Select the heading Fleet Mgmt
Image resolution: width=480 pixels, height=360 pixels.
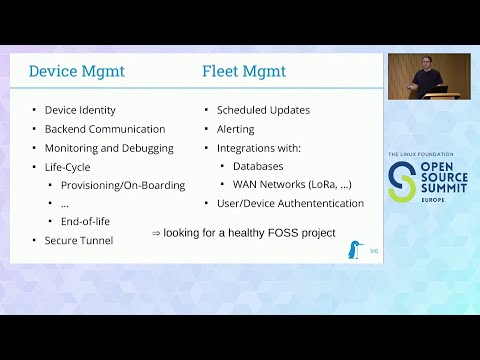(243, 71)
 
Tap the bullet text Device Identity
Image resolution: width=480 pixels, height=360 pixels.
(80, 110)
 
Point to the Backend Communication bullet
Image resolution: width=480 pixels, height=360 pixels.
(105, 129)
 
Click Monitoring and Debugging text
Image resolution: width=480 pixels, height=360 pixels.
(109, 148)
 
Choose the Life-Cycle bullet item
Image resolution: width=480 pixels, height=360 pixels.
(67, 167)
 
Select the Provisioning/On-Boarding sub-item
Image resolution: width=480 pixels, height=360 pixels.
(123, 185)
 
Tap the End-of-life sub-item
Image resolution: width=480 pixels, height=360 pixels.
(86, 222)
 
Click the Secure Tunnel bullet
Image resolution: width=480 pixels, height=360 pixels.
(79, 240)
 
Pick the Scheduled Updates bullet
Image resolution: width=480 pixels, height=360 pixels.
(263, 110)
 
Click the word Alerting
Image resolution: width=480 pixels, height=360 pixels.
(236, 129)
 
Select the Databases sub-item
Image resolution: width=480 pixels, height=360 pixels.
(258, 166)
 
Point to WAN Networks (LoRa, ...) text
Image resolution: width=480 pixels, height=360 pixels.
(292, 185)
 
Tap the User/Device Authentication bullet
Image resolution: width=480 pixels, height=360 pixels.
(290, 203)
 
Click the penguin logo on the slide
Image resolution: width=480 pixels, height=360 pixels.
(356, 249)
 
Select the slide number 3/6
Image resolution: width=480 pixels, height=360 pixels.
(374, 251)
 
